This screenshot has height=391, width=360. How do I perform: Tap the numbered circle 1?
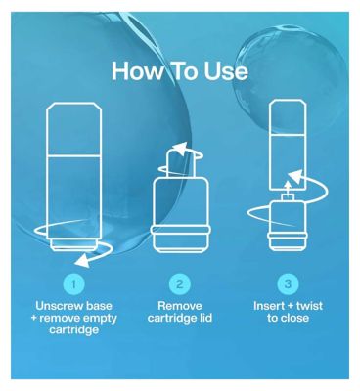pyautogui.click(x=73, y=284)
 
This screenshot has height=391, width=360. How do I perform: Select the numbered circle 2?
pyautogui.click(x=180, y=284)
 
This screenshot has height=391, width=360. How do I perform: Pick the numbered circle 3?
pyautogui.click(x=288, y=284)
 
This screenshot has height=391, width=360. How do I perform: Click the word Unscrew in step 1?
pyautogui.click(x=57, y=306)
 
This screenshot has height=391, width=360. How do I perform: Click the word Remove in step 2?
pyautogui.click(x=180, y=306)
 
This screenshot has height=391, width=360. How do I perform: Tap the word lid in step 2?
pyautogui.click(x=205, y=318)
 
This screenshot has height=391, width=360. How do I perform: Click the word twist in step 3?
pyautogui.click(x=309, y=306)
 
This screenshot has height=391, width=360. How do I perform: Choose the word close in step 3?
pyautogui.click(x=295, y=318)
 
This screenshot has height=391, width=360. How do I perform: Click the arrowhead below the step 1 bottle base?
pyautogui.click(x=81, y=261)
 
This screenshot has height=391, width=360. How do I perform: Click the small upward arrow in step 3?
pyautogui.click(x=287, y=187)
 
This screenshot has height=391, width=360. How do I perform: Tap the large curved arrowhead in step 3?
pyautogui.click(x=296, y=177)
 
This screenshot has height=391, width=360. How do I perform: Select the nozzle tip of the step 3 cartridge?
pyautogui.click(x=287, y=197)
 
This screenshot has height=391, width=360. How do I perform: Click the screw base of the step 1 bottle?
pyautogui.click(x=74, y=244)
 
